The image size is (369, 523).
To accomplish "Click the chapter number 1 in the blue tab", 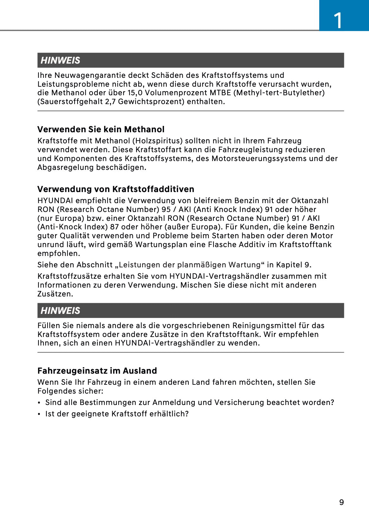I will tap(338, 20).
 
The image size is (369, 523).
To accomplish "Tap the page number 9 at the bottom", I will tap(341, 502).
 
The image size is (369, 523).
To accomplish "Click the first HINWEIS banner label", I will tap(60, 60).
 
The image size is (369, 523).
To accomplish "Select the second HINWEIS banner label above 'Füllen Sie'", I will tap(60, 310).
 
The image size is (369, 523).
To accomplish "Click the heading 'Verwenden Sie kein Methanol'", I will tap(101, 129).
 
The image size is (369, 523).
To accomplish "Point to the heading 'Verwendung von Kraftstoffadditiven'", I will tap(116, 189).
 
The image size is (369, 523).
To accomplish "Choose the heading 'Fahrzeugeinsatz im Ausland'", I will tap(97, 370).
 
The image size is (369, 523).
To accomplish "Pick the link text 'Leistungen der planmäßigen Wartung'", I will tap(189, 265).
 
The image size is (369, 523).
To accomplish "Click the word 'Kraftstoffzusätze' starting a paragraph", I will tap(67, 276).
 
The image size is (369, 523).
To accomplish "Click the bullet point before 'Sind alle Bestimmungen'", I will tap(39, 402).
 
